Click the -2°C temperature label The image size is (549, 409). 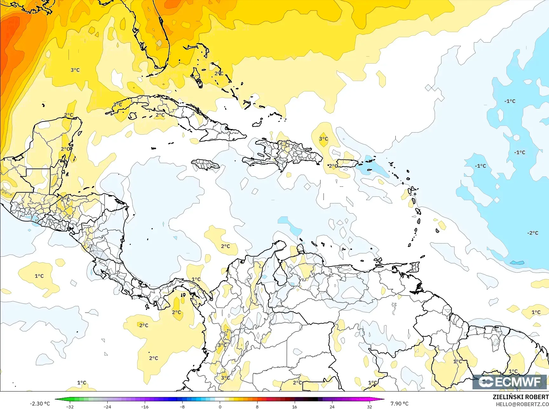[x=533, y=233]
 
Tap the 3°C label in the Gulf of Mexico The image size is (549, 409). [x=75, y=70]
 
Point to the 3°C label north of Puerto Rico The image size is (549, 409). [x=324, y=139]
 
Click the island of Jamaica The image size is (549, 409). [x=206, y=164]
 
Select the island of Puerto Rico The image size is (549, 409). [x=347, y=163]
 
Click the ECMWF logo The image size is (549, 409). [x=510, y=382]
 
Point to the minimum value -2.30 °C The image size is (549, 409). [x=40, y=404]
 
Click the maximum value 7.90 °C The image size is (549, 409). [x=399, y=404]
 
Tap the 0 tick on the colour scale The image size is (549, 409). [x=220, y=406]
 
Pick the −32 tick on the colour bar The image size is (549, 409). [x=70, y=406]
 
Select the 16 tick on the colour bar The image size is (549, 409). [x=294, y=406]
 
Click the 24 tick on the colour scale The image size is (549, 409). [x=332, y=406]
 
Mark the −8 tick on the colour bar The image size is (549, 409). [x=182, y=406]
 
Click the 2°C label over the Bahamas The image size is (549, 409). [x=219, y=73]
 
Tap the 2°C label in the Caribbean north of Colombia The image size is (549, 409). [x=225, y=246]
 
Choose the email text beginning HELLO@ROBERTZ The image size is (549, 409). [x=522, y=404]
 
